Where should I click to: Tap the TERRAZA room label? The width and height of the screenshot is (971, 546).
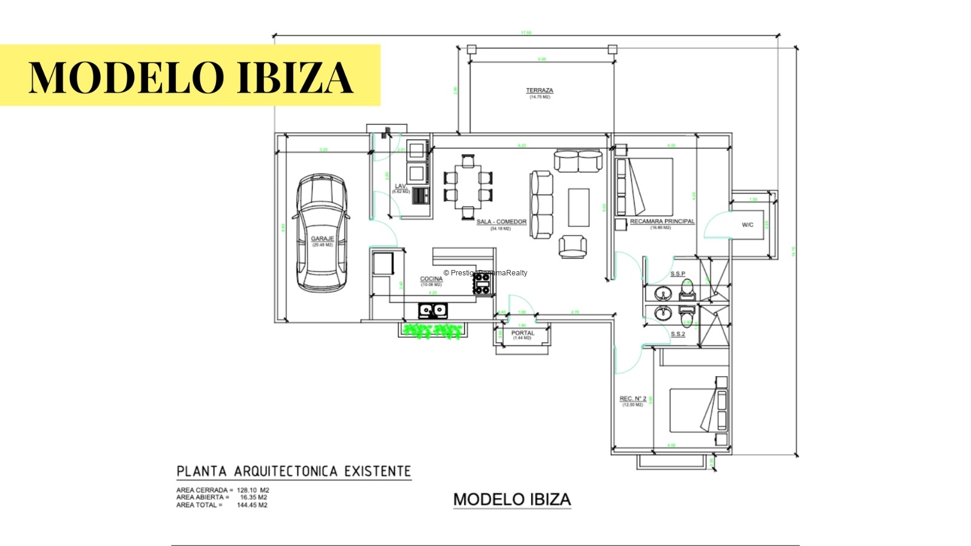(539, 90)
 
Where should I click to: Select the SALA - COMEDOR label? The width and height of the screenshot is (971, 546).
(501, 221)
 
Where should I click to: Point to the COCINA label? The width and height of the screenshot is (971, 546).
(431, 279)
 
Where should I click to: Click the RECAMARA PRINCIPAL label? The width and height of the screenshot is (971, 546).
(661, 221)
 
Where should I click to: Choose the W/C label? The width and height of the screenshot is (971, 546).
(747, 225)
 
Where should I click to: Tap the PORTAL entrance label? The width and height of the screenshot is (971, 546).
(522, 333)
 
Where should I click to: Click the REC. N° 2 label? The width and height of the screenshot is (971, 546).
(632, 399)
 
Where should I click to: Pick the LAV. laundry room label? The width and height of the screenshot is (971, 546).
(401, 186)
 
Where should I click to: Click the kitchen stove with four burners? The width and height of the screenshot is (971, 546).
(482, 284)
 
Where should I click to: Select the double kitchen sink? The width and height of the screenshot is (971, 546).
(433, 311)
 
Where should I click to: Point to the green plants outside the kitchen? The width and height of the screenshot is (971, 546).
(433, 331)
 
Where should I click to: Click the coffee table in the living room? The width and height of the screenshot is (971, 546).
(578, 207)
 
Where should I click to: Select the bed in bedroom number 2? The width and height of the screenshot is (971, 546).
(692, 410)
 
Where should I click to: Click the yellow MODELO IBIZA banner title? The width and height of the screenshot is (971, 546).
(191, 76)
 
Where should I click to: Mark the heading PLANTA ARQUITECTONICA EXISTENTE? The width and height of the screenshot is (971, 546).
(294, 471)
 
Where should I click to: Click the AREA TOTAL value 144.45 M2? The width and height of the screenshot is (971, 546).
(252, 505)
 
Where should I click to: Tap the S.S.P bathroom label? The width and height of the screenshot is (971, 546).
(677, 274)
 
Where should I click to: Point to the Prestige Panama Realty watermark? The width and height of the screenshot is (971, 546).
(486, 273)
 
